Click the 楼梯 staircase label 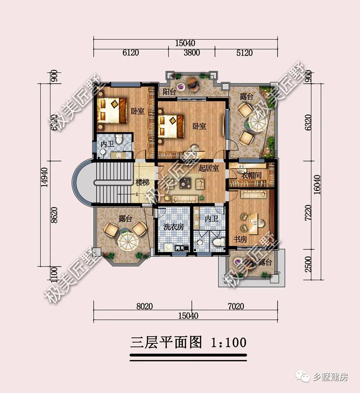point(143,183)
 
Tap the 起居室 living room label point(209,168)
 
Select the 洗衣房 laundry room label point(173,227)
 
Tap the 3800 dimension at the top point(191,53)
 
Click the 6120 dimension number point(131,53)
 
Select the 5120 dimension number point(244,53)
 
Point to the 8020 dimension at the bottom point(144,306)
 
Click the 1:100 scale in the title point(229,342)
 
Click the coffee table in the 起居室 point(185,183)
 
